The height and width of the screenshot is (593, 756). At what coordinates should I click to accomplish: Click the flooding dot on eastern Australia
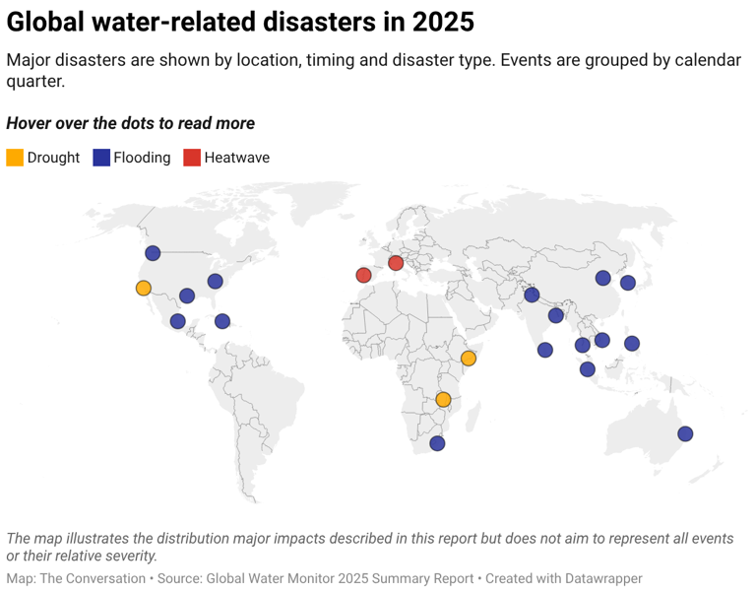coord(685,433)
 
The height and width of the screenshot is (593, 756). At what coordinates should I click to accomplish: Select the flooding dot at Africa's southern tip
coord(437,443)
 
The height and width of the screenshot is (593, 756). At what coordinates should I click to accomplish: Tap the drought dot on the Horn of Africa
coord(469,359)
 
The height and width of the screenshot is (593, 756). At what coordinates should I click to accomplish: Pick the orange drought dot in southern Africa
coord(443,399)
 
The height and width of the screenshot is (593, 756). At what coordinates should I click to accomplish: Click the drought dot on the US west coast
coord(143,288)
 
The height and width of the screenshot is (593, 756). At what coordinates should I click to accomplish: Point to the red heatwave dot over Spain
coord(363,275)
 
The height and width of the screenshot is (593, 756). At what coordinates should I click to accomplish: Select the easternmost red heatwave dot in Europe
coord(396,262)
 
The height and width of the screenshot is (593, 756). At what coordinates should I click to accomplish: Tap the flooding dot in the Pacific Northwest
coord(153,253)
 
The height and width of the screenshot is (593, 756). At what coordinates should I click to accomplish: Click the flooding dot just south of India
coord(545,350)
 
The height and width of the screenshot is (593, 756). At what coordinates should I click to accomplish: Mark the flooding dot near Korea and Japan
coord(627,283)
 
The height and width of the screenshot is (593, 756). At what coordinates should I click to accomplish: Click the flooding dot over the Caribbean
coord(222,321)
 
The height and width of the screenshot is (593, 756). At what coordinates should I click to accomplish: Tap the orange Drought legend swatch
coord(15,158)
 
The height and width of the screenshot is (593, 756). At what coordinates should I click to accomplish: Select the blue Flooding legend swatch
coord(100,158)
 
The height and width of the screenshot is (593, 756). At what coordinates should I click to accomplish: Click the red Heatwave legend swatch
coord(192,158)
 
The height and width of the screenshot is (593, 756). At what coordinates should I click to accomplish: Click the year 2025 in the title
coord(440,22)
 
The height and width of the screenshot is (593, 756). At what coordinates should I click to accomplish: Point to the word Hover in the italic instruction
coord(30,123)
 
